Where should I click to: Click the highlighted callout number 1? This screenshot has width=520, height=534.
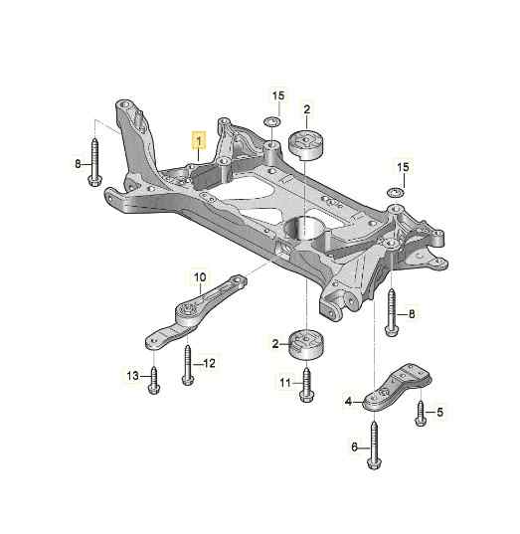199,140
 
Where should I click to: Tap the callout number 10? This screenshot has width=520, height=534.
200,276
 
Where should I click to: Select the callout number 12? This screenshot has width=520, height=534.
209,363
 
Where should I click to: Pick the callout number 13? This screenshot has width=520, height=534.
133,376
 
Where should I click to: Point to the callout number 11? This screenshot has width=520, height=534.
285,383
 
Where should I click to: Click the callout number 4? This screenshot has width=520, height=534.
348,402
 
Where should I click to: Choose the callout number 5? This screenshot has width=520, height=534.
440,412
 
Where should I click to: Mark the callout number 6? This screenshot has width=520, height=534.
355,447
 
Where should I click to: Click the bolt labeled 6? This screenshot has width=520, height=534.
374,445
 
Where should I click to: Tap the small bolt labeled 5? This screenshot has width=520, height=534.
421,414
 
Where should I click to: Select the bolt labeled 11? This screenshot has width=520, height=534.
306,385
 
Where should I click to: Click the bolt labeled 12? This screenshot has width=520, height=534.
188,365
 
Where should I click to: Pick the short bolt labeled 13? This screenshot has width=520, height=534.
154,380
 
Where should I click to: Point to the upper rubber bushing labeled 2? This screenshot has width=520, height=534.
307,144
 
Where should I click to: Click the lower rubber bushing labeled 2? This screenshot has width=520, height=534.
306,344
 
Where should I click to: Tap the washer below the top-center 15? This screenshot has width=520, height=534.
272,121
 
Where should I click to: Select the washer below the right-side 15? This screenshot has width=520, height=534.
396,192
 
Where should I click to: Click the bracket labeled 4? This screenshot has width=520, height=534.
397,387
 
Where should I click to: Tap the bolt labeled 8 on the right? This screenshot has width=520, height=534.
392,312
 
